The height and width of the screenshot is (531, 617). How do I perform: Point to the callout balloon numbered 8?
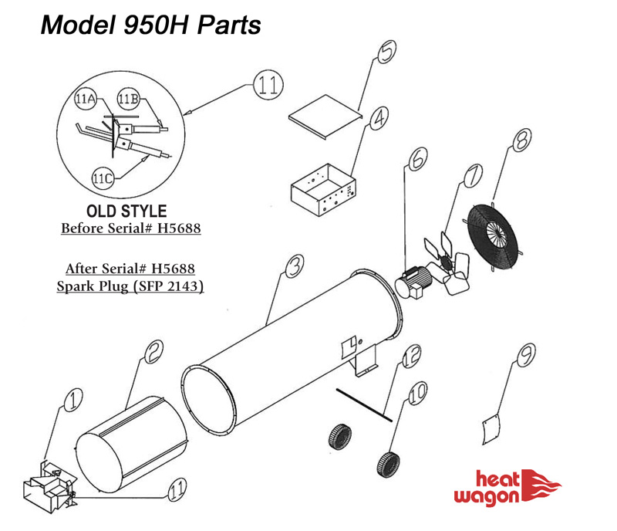tap(521, 140)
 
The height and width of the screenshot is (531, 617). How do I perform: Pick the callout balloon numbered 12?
tap(411, 356)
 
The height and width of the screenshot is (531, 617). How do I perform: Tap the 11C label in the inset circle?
tap(103, 178)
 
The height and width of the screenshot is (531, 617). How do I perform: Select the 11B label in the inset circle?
tap(128, 98)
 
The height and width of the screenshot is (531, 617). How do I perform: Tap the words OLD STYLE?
tap(126, 211)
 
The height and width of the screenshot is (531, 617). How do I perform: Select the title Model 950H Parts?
tap(151, 25)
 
